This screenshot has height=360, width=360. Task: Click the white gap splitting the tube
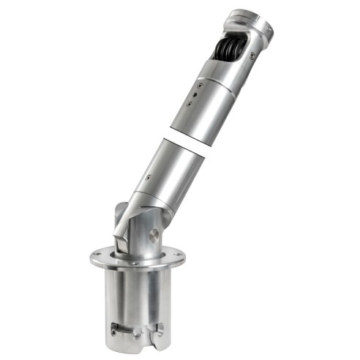[183, 143]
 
